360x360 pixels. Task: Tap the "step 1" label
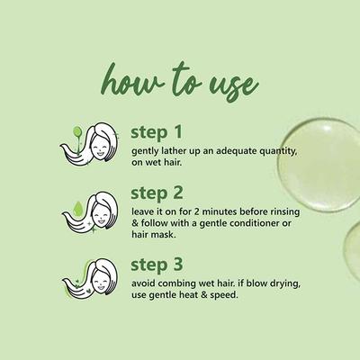coord(157,132)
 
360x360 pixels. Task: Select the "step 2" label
coord(157,193)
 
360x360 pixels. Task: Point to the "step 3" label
coord(157,265)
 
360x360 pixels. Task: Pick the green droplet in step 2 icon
coord(78,209)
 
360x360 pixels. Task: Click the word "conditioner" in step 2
coord(256,223)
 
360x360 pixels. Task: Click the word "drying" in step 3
coord(286,283)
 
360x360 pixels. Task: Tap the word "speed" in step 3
coord(224,295)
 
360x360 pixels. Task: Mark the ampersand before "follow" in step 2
coord(135,223)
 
